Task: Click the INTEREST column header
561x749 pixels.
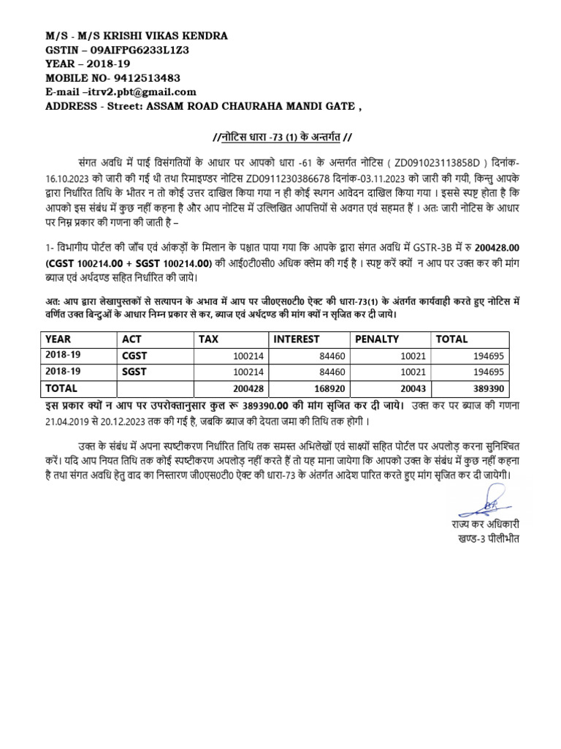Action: click(x=297, y=339)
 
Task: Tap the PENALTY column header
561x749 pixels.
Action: click(x=376, y=339)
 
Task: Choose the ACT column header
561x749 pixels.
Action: click(x=133, y=339)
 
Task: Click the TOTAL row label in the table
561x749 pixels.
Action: click(x=61, y=388)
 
